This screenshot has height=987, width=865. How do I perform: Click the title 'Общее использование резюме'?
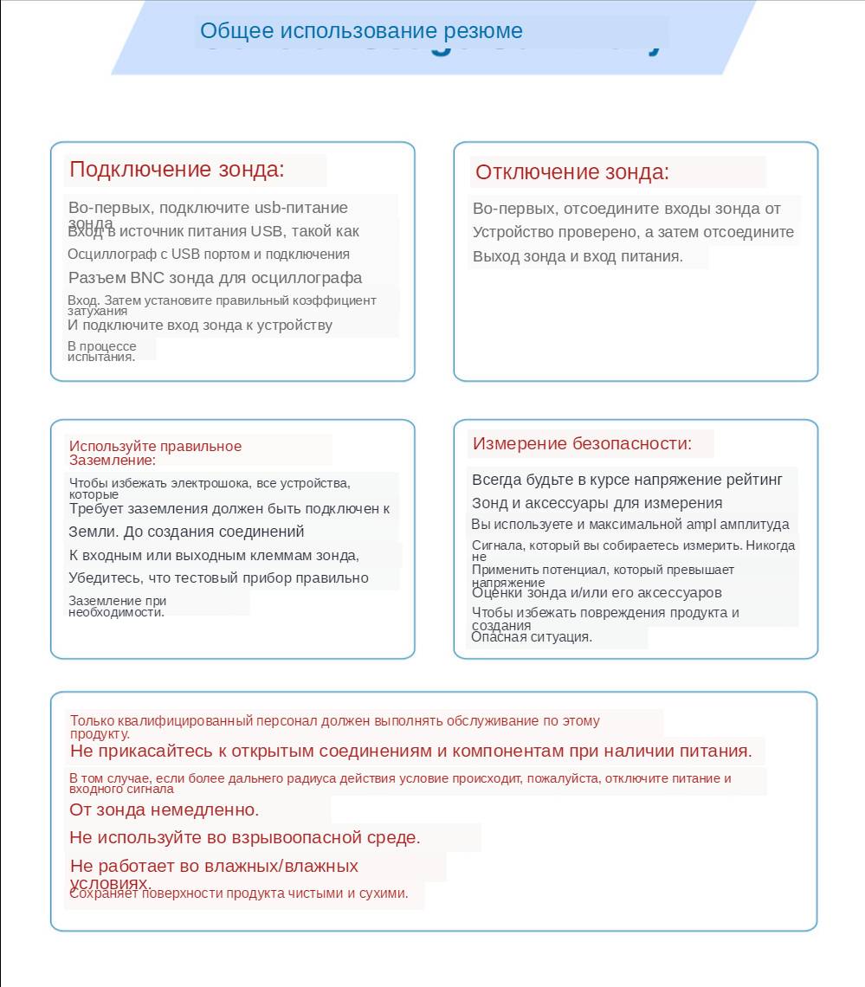[361, 31]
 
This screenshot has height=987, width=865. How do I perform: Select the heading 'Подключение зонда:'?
[177, 170]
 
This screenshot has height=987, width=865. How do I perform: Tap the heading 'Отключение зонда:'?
[572, 172]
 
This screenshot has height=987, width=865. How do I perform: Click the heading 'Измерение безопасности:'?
[582, 444]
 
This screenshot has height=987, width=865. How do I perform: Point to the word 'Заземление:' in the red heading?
[113, 461]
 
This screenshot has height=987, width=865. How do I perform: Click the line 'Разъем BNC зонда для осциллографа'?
[215, 278]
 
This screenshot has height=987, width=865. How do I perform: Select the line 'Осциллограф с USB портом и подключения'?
[209, 255]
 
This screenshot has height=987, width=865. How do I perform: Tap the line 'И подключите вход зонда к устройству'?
[200, 326]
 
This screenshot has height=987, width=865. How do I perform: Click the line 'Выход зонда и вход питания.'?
[578, 256]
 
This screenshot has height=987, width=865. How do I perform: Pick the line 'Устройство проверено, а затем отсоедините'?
[633, 232]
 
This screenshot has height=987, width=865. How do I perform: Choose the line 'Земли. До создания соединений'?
[186, 532]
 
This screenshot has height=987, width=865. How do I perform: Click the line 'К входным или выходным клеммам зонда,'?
[214, 555]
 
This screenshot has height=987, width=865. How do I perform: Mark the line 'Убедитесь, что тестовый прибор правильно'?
[218, 578]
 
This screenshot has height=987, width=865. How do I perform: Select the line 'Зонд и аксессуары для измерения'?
[597, 503]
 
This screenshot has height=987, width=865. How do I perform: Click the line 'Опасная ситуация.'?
[532, 637]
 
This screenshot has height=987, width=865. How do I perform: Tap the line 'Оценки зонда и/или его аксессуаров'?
[597, 593]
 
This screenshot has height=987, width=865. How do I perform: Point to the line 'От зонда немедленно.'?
[165, 810]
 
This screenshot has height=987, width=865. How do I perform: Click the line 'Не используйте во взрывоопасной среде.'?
[245, 837]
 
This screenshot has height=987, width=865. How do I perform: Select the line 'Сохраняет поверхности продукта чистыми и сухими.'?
[238, 893]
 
